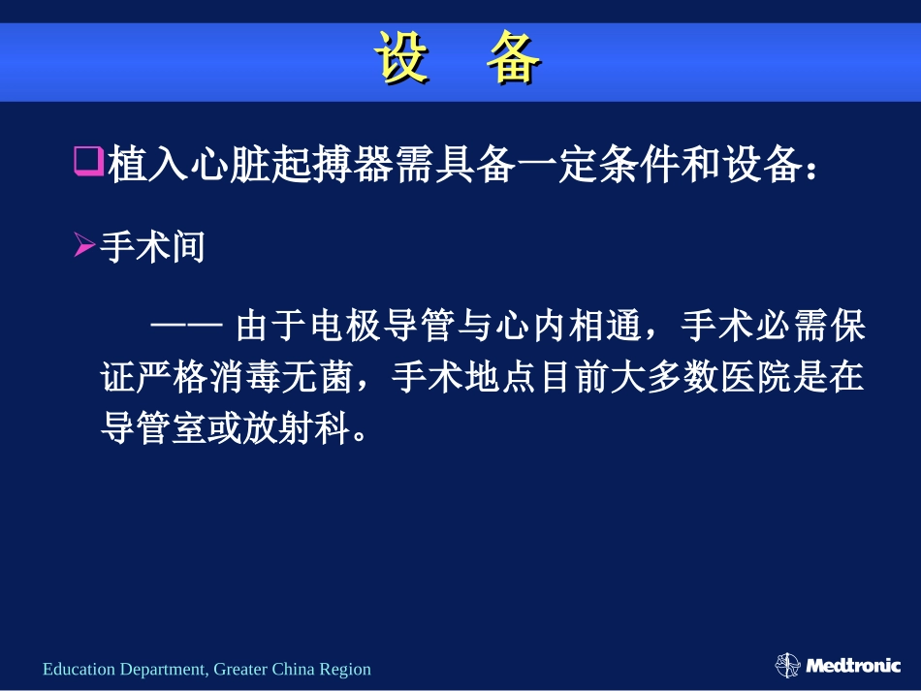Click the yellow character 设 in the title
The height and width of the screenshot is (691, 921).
point(402,61)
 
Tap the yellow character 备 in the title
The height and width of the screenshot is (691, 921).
point(513,61)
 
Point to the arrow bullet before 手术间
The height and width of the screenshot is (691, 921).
point(84,248)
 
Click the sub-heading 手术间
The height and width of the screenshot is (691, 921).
point(153,249)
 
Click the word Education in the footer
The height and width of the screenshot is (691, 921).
point(79,669)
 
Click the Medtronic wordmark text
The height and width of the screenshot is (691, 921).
point(852,666)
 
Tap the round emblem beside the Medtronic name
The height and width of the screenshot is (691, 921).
point(788,665)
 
